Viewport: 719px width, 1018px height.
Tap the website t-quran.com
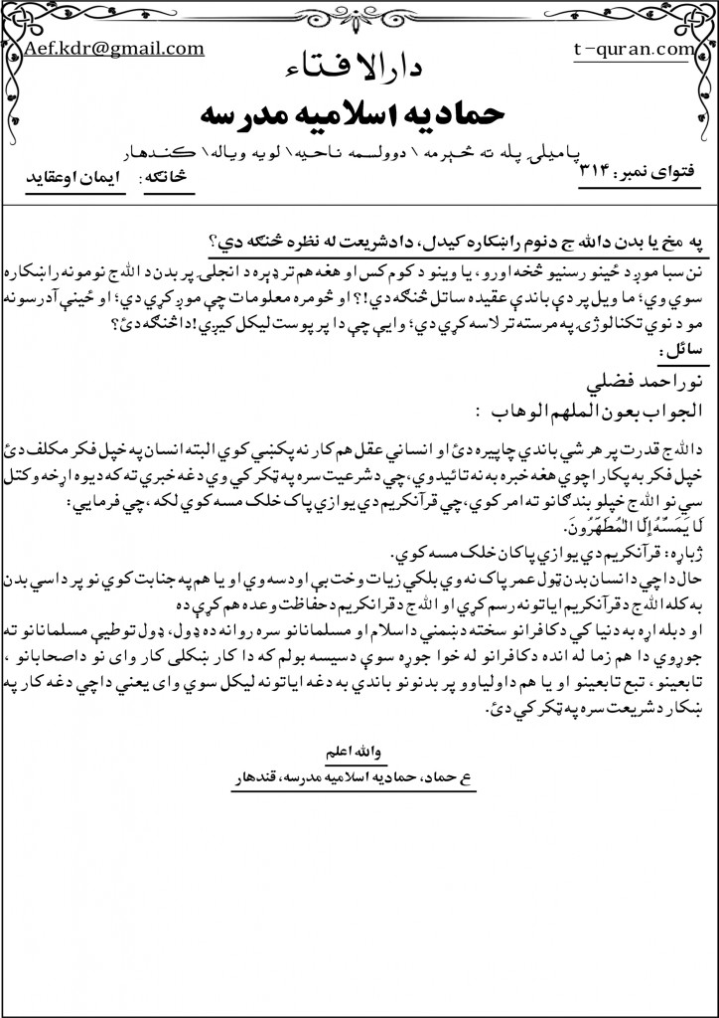[x=632, y=49]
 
